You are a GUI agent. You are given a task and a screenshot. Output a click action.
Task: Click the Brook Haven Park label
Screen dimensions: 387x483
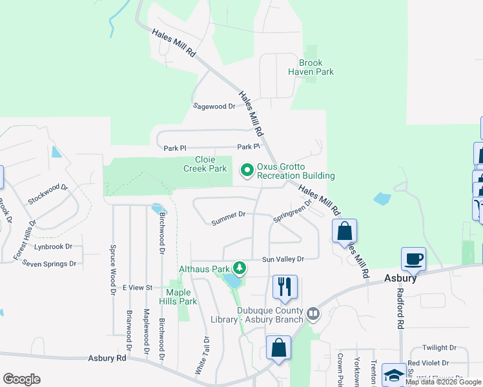(316, 68)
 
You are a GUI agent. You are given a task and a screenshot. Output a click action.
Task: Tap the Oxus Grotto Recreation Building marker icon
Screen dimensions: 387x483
(247, 170)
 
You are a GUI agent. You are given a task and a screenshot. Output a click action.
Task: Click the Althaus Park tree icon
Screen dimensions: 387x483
(240, 268)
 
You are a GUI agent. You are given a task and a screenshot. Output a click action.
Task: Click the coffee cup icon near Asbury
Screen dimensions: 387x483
(413, 259)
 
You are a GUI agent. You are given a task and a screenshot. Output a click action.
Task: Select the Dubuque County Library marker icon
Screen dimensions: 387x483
(313, 314)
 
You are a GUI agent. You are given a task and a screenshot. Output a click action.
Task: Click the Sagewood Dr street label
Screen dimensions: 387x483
(214, 106)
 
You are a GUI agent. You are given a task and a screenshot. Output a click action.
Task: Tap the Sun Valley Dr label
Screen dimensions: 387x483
(283, 259)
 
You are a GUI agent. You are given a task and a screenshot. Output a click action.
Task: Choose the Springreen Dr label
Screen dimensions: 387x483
(293, 210)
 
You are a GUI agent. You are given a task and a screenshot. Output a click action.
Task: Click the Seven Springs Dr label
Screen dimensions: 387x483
(49, 264)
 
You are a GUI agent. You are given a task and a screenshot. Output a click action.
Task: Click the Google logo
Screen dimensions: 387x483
(21, 379)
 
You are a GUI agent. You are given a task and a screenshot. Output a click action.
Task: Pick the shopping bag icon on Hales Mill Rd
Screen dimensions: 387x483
(345, 230)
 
